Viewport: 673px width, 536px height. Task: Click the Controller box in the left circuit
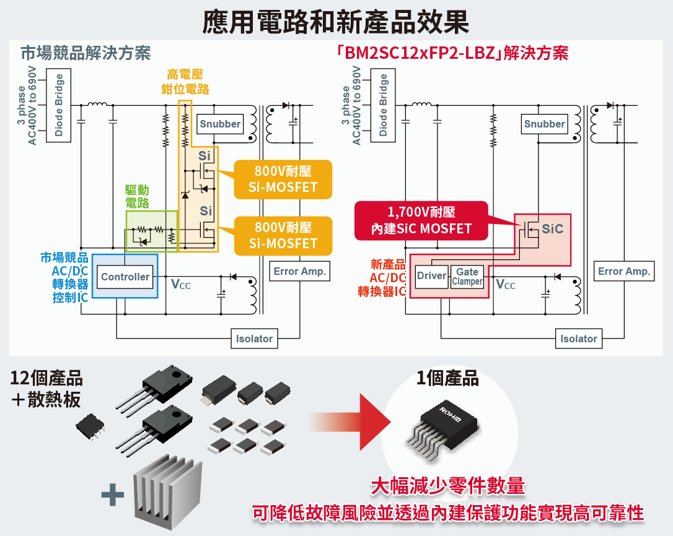click(125, 277)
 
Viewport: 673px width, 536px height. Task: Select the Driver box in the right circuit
click(431, 276)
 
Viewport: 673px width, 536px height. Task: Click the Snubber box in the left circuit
click(220, 124)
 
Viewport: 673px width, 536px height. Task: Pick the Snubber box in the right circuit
click(544, 124)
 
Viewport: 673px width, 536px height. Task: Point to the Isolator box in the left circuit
click(254, 339)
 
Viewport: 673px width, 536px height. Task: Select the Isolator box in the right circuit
click(578, 339)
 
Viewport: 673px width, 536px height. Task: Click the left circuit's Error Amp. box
click(300, 271)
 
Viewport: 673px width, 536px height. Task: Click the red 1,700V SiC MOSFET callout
click(421, 220)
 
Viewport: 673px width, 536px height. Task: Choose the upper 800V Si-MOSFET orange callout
click(283, 179)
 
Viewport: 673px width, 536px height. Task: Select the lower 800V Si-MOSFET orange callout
click(283, 235)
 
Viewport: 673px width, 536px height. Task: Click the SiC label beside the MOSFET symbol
click(552, 229)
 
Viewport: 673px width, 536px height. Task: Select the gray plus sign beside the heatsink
click(113, 494)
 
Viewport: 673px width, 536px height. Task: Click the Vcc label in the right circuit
click(506, 285)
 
